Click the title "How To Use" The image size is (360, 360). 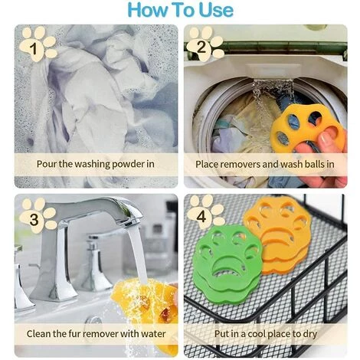(x=181, y=10)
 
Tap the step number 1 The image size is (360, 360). (x=34, y=48)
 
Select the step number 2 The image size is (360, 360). (x=201, y=47)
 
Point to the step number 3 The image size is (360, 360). (x=34, y=219)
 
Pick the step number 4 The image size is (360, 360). (x=201, y=217)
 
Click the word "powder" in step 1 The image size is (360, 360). (x=129, y=164)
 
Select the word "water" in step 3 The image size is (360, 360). (x=154, y=334)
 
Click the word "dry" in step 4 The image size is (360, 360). (x=310, y=334)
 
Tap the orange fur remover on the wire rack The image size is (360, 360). (x=278, y=235)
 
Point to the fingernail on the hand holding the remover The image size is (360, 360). (x=326, y=138)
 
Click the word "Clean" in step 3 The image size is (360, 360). (x=39, y=334)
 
